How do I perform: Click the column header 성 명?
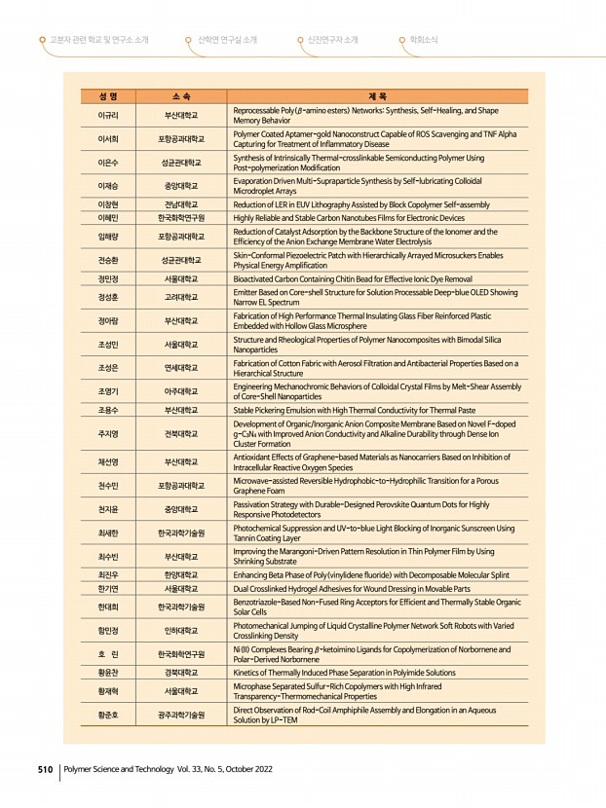[x=108, y=96]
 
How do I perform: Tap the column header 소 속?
[x=181, y=96]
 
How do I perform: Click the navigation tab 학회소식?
[x=423, y=40]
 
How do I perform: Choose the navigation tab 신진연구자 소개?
[x=332, y=40]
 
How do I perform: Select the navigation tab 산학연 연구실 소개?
[x=227, y=40]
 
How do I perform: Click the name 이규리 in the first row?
[x=108, y=115]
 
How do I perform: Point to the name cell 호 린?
[x=108, y=653]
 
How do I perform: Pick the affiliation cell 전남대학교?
[x=181, y=204]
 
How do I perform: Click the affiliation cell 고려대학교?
[x=181, y=296]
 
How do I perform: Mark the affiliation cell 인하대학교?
[x=181, y=630]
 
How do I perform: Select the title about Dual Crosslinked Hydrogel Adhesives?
[x=352, y=589]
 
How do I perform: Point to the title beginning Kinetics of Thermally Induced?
[x=344, y=672]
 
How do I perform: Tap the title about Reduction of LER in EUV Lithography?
[x=361, y=204]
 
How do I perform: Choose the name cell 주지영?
[x=108, y=434]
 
